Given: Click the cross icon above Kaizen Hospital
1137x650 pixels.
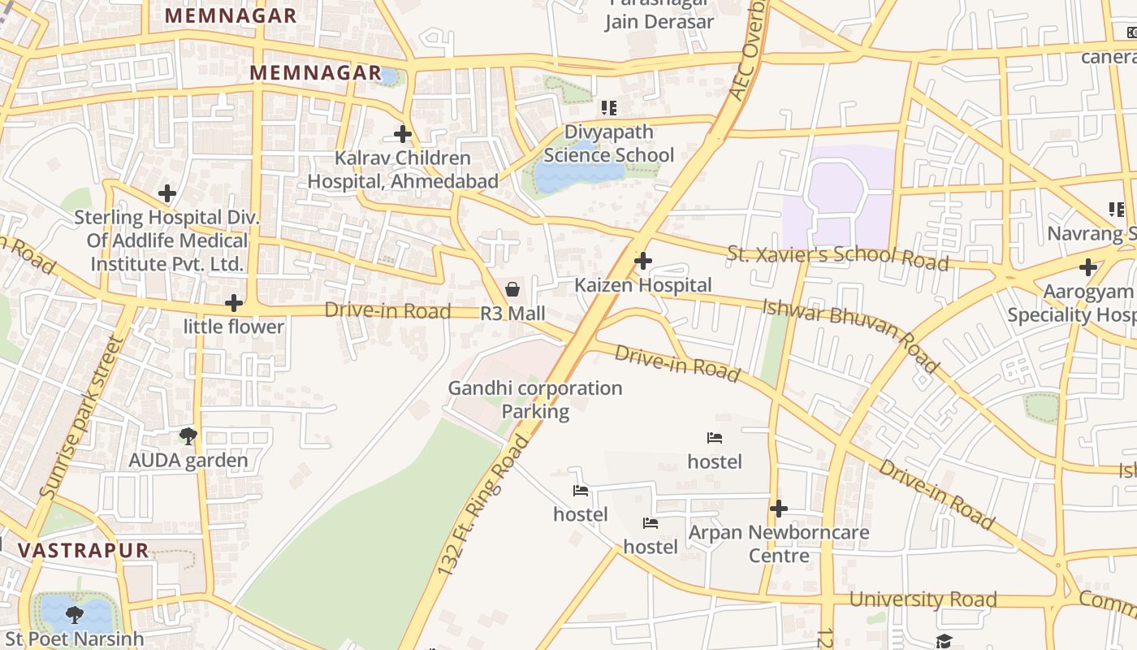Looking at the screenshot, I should pos(643,261).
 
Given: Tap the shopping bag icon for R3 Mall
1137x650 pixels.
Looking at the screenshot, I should pos(512,289).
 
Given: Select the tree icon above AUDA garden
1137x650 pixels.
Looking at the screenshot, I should pos(188,436).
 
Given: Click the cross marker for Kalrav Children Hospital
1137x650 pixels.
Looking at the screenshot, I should pos(403,134).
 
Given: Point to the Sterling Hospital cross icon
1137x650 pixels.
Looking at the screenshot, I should pos(167,193).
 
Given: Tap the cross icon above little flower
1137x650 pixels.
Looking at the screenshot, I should pos(234,303).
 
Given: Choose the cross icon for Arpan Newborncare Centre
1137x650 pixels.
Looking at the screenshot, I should pos(778,509).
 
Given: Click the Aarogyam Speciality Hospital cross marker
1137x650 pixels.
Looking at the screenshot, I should pos(1088,267).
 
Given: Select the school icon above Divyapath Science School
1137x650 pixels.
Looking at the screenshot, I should pos(609,108).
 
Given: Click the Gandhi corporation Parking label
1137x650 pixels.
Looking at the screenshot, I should pos(535,400).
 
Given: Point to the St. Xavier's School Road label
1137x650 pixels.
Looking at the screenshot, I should pos(837,257).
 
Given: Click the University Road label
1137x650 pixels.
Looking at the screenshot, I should pos(923,600).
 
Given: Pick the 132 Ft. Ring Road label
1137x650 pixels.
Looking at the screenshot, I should pos(482,505).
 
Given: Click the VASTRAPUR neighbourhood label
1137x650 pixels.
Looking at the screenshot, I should pos(84,550).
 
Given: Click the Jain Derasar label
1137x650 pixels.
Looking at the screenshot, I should pos(659,21).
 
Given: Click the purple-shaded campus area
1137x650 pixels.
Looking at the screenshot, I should pos(837,199).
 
